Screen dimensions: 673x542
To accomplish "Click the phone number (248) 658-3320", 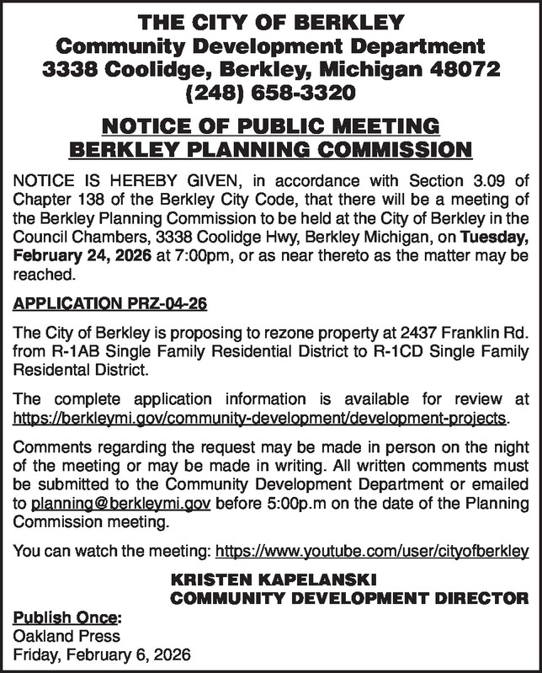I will pos(270,88).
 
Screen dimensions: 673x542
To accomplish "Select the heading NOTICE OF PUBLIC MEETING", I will pos(270,127).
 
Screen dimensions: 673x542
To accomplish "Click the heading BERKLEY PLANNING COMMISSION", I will pos(270,152).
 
